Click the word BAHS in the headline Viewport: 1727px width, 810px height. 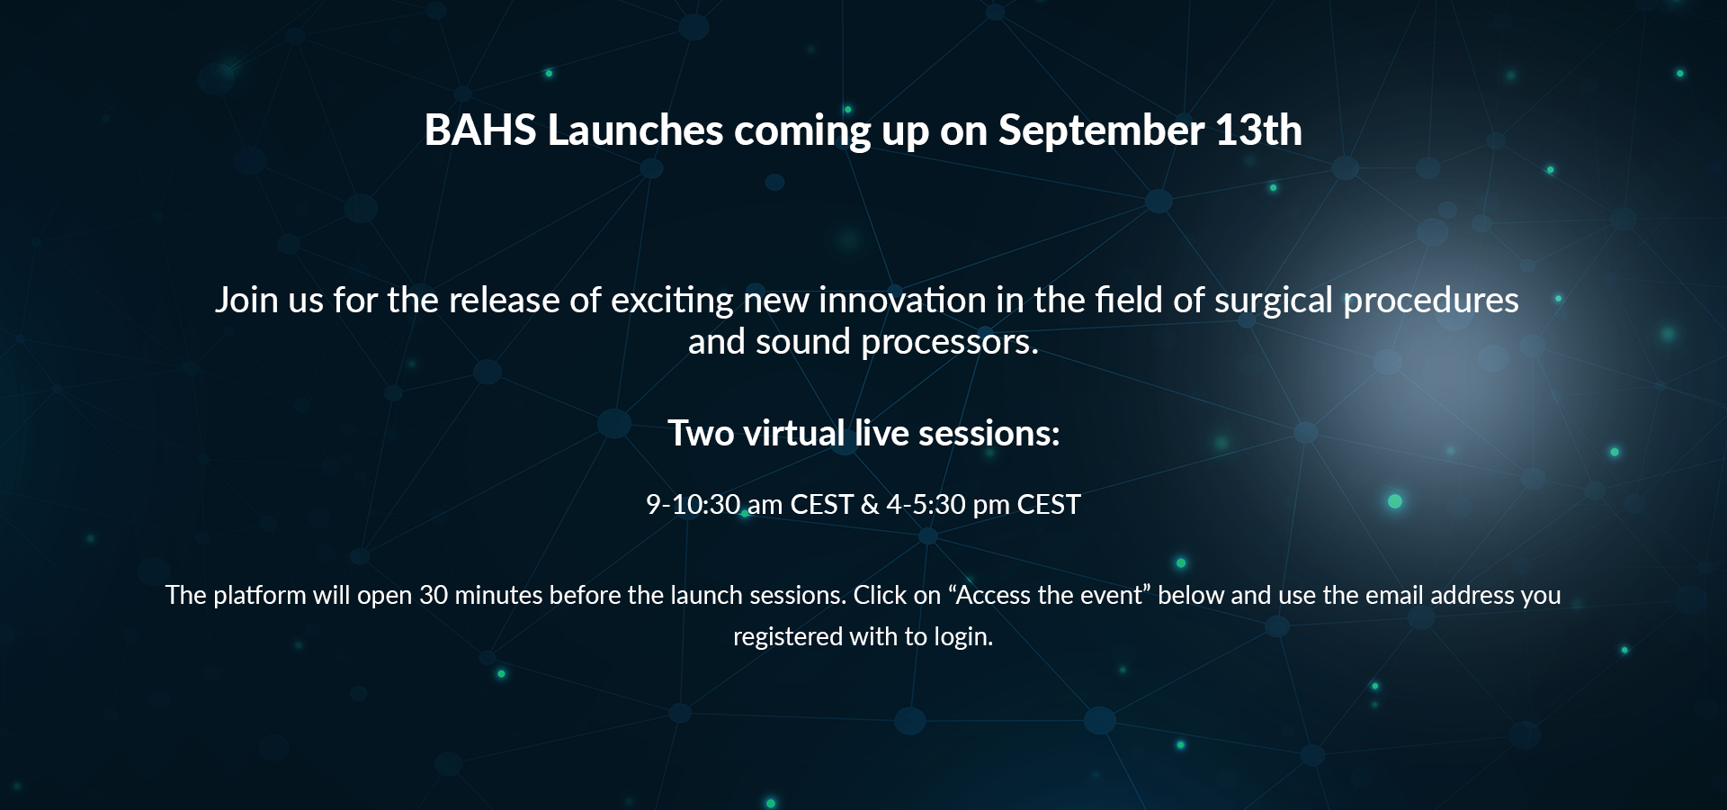(x=480, y=130)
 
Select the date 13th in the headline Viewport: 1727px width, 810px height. (x=1258, y=130)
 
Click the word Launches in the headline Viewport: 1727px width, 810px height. (x=635, y=130)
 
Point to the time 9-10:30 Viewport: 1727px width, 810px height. (x=693, y=504)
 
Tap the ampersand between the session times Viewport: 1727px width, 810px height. (x=869, y=504)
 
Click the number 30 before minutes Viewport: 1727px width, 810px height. (x=434, y=596)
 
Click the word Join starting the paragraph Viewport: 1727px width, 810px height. (x=246, y=301)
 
